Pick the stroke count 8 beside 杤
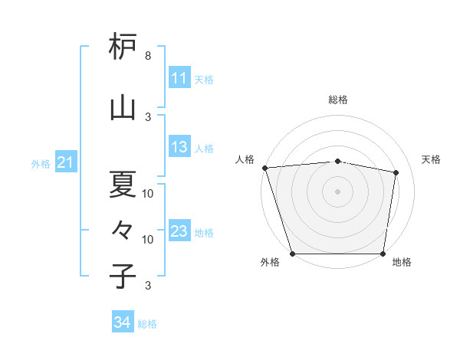click(148, 56)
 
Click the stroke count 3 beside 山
click(148, 116)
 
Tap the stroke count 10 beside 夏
click(148, 193)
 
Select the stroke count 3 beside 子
click(148, 286)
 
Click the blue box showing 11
click(179, 78)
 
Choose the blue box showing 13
click(179, 148)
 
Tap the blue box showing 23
click(179, 231)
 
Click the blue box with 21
click(65, 162)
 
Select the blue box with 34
click(122, 322)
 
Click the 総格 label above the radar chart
click(338, 100)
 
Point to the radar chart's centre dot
click(337, 191)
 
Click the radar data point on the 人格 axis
click(264, 168)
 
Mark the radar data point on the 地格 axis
click(383, 254)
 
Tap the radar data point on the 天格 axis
click(396, 172)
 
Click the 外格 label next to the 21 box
click(41, 163)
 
